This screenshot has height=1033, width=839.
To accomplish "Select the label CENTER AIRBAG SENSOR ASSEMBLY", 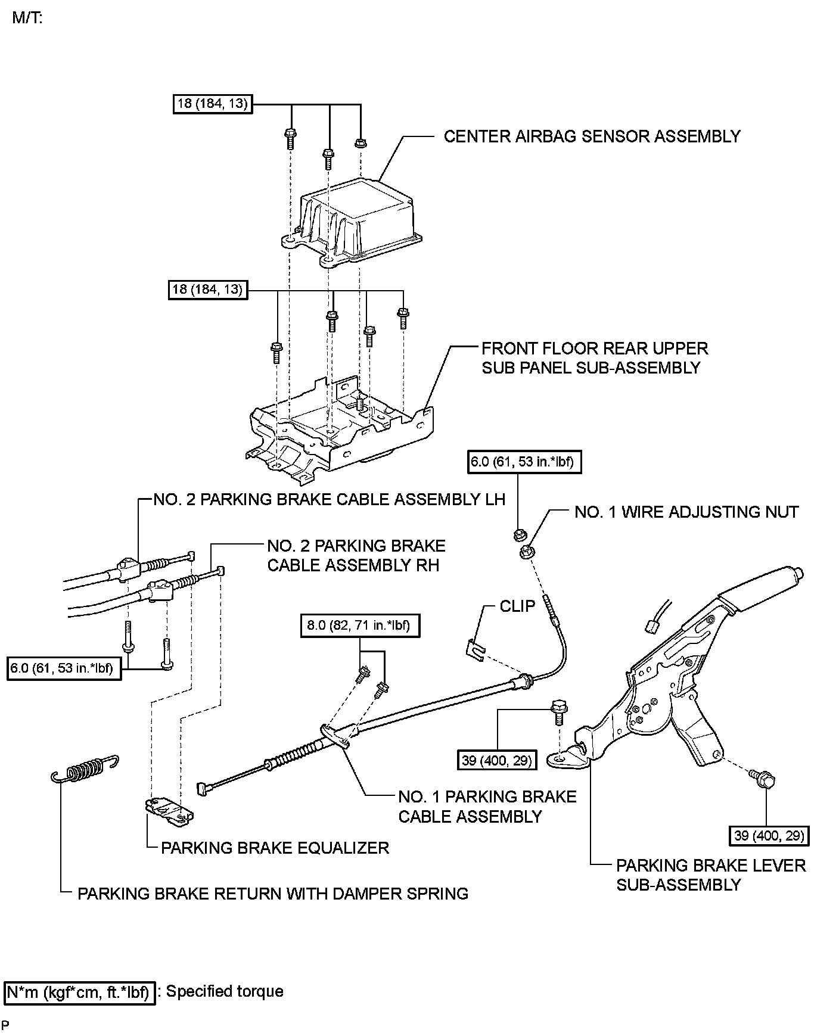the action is tap(592, 136).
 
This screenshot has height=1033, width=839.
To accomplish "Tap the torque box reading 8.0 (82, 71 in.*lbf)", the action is tap(359, 626).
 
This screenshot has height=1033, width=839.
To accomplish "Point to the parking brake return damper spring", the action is tap(84, 769).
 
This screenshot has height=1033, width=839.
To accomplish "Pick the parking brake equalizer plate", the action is tap(170, 811).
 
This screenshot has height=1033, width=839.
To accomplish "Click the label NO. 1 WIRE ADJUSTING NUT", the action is tap(686, 512).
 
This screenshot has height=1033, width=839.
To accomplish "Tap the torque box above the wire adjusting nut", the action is tap(524, 462).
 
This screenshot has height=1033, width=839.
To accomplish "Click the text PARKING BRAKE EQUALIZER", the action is tap(275, 848).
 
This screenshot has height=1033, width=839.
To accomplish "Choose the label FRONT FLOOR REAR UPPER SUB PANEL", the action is tap(595, 358).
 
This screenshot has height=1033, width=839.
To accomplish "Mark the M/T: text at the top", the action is tap(27, 17).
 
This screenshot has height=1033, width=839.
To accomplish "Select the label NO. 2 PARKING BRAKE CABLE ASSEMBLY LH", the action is tap(330, 499).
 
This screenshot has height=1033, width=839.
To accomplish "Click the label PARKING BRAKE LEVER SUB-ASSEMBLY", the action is tap(711, 875).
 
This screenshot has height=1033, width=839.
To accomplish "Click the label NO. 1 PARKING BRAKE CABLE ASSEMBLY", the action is tap(487, 807).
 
